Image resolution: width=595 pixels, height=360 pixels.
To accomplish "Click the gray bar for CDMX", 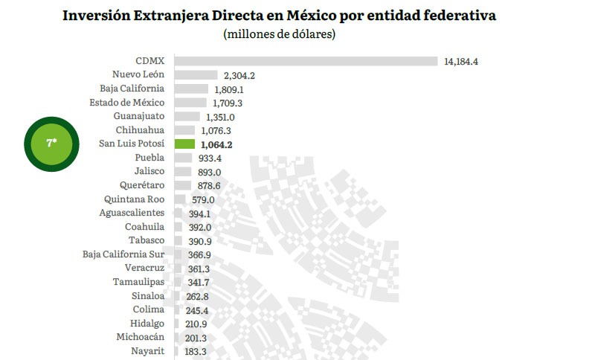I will [x=305, y=61].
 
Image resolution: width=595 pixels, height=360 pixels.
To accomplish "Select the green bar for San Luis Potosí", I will [x=184, y=144].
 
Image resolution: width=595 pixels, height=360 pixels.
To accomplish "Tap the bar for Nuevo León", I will [x=196, y=75].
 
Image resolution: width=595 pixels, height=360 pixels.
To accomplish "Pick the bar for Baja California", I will [x=190, y=89].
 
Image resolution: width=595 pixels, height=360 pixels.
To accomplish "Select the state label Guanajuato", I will [x=139, y=117].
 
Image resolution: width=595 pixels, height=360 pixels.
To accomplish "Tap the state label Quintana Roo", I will [x=135, y=199].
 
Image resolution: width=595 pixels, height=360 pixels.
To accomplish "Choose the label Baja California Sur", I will [x=123, y=254].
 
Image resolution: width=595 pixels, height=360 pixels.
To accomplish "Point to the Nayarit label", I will [x=147, y=351].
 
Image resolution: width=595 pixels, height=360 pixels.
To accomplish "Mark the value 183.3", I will [x=199, y=351].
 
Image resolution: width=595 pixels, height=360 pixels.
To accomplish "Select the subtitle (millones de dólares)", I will [x=280, y=35].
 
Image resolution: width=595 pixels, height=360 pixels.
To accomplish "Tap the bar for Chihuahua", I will [x=184, y=130].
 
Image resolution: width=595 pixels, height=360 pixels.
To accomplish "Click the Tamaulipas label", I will [x=138, y=282].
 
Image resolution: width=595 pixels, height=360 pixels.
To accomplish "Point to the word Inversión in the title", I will [x=97, y=16].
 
